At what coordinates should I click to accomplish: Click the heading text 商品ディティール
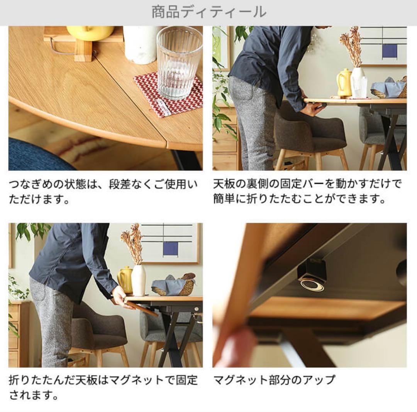(208, 12)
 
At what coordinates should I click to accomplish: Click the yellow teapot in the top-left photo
(90, 32)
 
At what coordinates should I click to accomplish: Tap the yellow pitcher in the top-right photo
(344, 82)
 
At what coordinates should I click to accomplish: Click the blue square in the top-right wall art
(390, 50)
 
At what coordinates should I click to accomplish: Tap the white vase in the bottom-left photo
(138, 280)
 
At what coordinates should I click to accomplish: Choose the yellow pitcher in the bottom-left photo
(125, 280)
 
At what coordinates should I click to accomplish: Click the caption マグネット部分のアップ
(274, 380)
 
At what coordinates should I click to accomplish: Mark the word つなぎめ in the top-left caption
(31, 184)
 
